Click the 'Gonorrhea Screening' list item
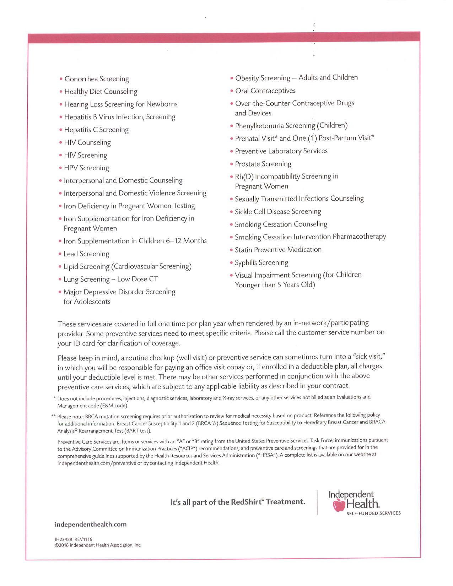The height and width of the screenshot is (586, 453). (x=97, y=79)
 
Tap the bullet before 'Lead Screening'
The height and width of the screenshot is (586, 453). (x=60, y=254)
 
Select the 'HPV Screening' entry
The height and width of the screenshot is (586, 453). (x=86, y=168)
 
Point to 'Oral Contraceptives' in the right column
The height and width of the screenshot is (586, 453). (x=265, y=91)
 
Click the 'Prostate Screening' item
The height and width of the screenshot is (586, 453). (x=263, y=164)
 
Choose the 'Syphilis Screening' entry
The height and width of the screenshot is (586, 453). (x=261, y=263)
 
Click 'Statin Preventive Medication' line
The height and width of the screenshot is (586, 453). (x=278, y=250)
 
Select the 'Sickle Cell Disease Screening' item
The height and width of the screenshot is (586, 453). (x=277, y=212)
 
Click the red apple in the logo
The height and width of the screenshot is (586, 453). (x=339, y=505)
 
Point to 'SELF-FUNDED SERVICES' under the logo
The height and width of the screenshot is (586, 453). (x=373, y=513)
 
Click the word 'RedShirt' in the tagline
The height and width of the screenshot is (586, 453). (x=247, y=502)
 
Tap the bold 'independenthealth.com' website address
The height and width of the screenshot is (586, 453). (x=91, y=525)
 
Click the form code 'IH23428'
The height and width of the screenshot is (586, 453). (x=63, y=539)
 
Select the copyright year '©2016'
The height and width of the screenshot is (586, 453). (x=61, y=545)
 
